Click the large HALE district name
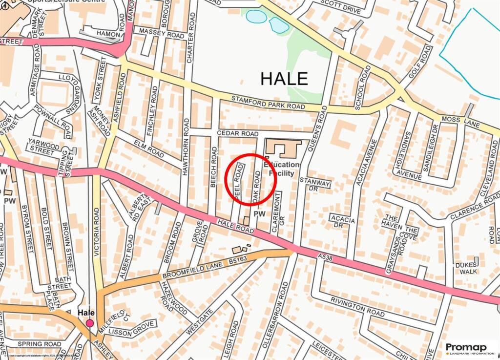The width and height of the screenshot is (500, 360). pos(284,78)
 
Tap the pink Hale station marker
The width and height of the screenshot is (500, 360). pos(90,323)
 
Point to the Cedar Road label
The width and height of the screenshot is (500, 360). pos(237,134)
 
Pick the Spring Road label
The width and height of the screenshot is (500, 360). pos(39,344)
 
